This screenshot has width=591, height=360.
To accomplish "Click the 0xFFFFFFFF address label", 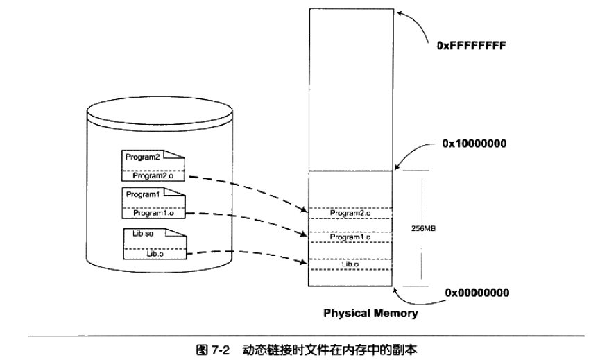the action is (471, 46).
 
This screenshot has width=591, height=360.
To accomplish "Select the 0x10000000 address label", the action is (474, 144).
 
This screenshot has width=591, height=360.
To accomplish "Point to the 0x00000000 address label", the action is (477, 293).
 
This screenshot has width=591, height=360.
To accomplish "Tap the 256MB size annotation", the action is (423, 228).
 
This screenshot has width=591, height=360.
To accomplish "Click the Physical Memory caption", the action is (370, 314).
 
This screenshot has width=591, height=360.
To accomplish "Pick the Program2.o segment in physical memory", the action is (350, 214).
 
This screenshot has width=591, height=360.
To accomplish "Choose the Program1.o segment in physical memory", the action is (350, 237).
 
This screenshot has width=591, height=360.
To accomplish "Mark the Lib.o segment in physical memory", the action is (350, 264).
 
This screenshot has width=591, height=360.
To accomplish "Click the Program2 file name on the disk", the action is (142, 157).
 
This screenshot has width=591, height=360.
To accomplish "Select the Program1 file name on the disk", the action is (143, 194).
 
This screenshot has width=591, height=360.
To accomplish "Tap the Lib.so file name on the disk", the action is (143, 234).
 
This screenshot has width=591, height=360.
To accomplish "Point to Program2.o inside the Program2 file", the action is (153, 176).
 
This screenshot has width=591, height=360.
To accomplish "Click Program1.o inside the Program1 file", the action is (153, 214).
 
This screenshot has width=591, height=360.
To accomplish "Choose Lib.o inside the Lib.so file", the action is (155, 254).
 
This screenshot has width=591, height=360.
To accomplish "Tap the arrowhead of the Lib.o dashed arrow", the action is (304, 262).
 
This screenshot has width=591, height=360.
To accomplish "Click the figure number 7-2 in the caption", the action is (220, 350).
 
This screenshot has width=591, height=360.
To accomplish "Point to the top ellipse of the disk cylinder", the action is (160, 111).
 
